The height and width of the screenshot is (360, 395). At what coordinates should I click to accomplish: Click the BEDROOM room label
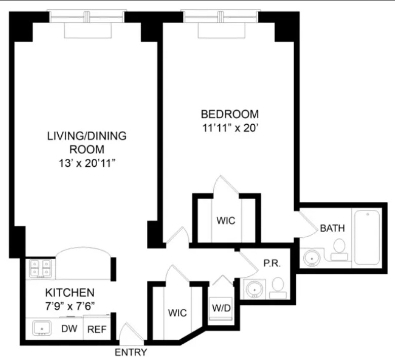pos(229,114)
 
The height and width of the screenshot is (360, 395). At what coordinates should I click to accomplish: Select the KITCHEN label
pos(70,293)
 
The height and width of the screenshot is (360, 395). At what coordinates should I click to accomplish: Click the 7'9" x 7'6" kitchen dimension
pos(70,306)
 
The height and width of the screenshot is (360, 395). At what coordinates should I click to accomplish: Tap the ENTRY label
pos(131,352)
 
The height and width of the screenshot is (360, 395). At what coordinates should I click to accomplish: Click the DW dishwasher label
pos(69,329)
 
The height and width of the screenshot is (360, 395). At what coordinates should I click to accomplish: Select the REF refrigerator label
pos(97,329)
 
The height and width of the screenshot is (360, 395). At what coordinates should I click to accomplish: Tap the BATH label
pos(332,228)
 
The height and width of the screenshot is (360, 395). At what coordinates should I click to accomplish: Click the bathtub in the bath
pos(367,237)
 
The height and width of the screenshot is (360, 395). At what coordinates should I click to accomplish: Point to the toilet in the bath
pos(339,250)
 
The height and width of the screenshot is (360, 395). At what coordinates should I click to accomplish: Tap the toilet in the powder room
pos(278,287)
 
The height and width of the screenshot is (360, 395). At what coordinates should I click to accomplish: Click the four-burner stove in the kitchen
pos(40,268)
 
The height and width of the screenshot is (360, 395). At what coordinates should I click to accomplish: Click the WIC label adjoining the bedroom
pos(226,221)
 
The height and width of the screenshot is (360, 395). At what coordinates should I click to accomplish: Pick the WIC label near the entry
pos(177,313)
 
